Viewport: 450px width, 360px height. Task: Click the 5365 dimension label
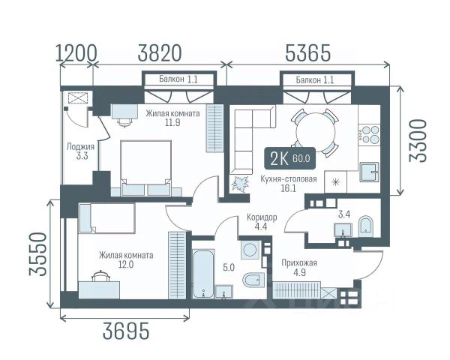[308, 53]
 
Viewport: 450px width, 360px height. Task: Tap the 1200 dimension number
[76, 53]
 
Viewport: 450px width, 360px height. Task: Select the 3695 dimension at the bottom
[126, 331]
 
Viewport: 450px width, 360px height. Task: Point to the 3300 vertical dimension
[418, 141]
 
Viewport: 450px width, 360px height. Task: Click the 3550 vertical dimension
[37, 254]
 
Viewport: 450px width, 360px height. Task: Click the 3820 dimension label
[160, 53]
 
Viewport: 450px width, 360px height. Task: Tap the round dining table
[316, 132]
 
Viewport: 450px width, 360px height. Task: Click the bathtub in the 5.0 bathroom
[203, 274]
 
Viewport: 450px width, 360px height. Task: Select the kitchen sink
[369, 172]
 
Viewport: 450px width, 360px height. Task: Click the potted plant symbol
[240, 184]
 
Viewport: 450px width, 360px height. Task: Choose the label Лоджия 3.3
[80, 151]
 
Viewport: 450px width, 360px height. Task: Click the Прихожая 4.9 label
[299, 268]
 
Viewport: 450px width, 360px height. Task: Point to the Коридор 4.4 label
[262, 222]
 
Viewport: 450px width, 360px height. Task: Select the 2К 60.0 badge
[289, 158]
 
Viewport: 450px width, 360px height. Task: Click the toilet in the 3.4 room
[365, 226]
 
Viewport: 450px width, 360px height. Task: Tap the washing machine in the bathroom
[250, 250]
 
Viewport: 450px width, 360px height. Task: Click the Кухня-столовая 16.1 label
[289, 184]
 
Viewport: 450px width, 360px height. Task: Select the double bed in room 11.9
[145, 168]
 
